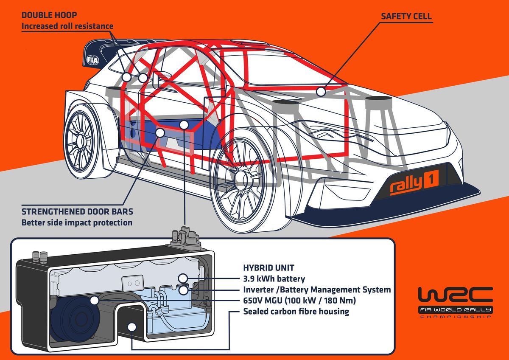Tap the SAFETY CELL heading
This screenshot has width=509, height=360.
click(406, 16)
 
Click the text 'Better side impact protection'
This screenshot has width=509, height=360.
click(77, 222)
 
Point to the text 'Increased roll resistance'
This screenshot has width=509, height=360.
click(67, 26)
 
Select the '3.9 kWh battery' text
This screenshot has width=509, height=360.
click(274, 279)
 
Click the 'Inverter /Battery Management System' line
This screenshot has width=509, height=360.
click(317, 290)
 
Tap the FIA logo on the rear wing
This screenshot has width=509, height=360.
click(92, 60)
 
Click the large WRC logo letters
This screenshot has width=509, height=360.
click(455, 296)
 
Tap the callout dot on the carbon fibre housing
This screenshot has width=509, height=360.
click(132, 327)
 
